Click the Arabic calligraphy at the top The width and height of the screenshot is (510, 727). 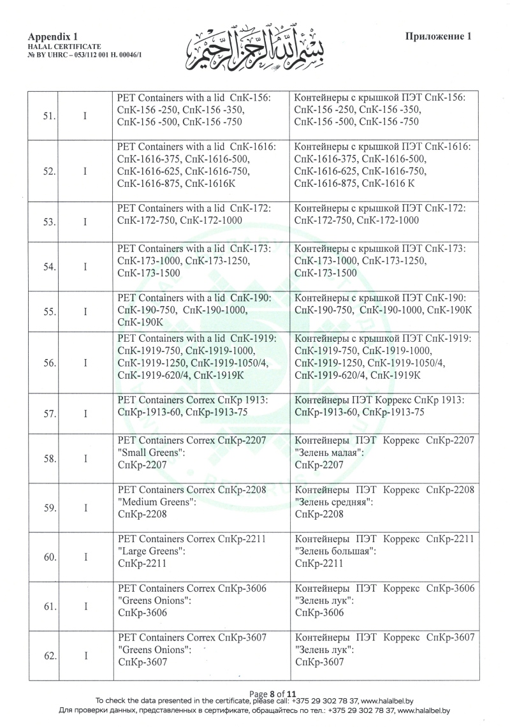261,45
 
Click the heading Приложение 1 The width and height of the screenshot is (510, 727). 438,36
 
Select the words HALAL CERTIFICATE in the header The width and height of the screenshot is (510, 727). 65,47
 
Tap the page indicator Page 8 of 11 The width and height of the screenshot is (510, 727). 273,693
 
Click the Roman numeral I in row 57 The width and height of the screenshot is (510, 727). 85,413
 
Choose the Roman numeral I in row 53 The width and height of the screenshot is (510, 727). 85,221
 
